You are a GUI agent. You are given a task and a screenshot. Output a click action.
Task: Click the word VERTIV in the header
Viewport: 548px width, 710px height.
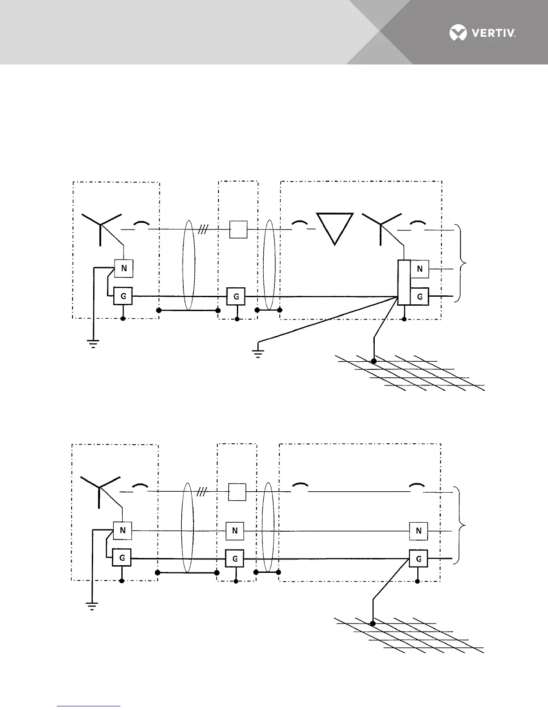pos(492,33)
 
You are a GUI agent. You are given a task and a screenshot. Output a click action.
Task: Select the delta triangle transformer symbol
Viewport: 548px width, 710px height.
pos(335,228)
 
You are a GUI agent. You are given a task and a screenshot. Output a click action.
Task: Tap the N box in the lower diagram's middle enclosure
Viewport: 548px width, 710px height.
pos(235,531)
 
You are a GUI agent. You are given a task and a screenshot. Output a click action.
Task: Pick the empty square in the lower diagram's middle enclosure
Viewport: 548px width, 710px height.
pos(237,492)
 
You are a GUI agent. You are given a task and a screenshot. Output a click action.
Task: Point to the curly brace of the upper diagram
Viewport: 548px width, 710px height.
pos(462,263)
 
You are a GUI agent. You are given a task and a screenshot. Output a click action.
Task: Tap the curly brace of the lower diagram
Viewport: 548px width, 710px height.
pos(462,525)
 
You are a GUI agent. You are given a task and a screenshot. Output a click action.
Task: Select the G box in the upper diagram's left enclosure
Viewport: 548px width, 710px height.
pos(123,296)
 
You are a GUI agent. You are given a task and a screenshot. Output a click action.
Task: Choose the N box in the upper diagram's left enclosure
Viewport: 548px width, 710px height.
pos(124,268)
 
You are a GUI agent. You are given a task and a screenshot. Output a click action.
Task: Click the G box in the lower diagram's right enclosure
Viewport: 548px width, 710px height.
pos(419,559)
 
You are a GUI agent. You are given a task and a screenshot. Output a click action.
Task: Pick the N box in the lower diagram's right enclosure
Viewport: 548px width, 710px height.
pos(419,531)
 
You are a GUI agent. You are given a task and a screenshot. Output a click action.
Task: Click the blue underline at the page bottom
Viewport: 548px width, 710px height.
pos(89,706)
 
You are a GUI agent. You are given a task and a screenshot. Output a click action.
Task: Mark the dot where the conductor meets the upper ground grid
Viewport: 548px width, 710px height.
pos(374,360)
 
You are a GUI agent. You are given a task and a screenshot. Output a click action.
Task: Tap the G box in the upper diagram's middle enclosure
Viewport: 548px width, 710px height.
pos(236,296)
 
